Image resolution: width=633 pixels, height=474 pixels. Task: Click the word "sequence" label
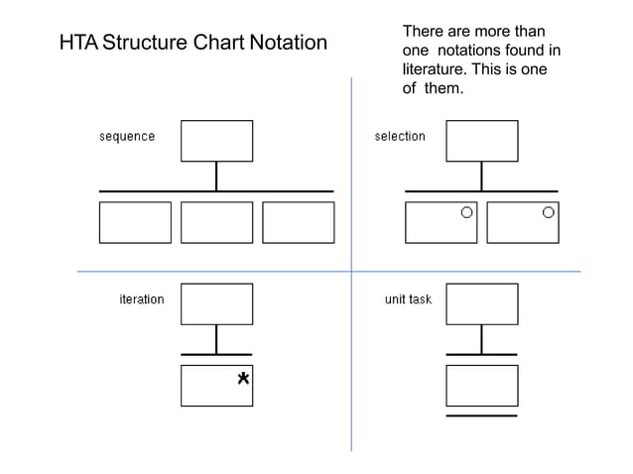click(127, 137)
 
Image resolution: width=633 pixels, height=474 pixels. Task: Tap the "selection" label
click(400, 137)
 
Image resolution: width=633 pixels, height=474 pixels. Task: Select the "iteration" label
click(142, 299)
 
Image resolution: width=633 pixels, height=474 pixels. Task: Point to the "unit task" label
click(408, 299)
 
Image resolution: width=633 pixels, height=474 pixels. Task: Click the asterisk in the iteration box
click(242, 379)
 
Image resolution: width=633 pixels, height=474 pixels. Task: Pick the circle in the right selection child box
click(548, 212)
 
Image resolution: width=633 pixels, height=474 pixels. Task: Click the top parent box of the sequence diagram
click(216, 141)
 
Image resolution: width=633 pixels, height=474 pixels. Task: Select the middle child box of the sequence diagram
click(216, 222)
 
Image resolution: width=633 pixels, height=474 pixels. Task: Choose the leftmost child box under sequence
click(135, 222)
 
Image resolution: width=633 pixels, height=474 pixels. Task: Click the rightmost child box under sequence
click(298, 222)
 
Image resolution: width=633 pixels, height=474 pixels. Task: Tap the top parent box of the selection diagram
click(481, 141)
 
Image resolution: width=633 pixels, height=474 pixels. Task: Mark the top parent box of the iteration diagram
click(216, 303)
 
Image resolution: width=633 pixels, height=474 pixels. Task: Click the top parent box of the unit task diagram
click(481, 303)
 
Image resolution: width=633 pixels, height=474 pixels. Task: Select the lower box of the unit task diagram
click(481, 385)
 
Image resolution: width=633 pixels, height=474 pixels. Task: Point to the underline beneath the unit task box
click(481, 416)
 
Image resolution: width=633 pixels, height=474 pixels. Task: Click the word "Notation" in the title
click(288, 44)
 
